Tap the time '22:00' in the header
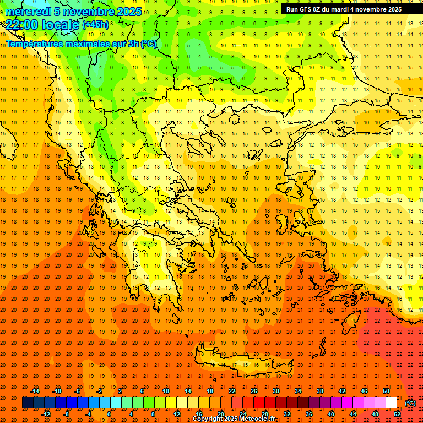pos(23,25)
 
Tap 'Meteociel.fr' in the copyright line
pos(257,419)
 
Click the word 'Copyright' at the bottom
pos(208,419)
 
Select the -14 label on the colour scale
pos(35,391)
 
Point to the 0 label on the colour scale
pos(109,414)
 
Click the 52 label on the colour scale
pos(397,414)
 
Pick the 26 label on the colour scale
pos(253,391)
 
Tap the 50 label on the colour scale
pos(386,391)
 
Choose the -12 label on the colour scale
pos(46,414)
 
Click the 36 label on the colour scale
pos(309,414)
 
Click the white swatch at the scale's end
pos(392,403)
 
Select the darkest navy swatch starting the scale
pos(28,403)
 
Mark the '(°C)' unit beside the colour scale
pos(410,403)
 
